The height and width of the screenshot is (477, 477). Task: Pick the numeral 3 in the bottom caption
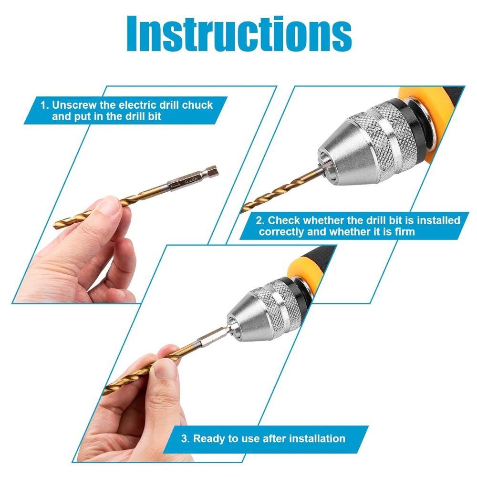(x=184, y=438)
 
